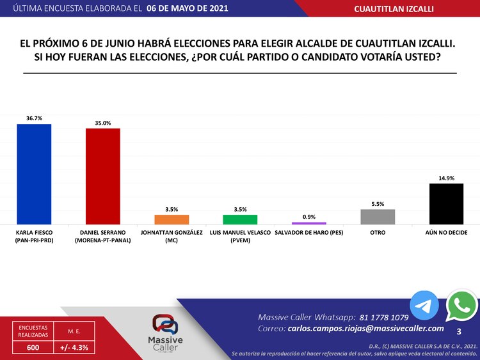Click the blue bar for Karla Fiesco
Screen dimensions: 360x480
click(x=34, y=174)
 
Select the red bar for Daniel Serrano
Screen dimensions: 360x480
click(x=103, y=176)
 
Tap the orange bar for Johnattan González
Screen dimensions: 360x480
click(x=172, y=219)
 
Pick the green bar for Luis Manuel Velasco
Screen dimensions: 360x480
click(x=240, y=219)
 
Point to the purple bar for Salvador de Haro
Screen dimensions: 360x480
click(x=309, y=223)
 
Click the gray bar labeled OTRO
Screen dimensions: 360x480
click(x=378, y=217)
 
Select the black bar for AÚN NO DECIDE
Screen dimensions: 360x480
click(x=446, y=204)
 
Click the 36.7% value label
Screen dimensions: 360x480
click(x=34, y=118)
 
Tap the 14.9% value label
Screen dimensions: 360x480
click(x=446, y=178)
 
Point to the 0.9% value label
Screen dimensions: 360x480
click(x=309, y=217)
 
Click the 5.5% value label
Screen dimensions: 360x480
click(x=378, y=204)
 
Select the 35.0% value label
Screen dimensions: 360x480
click(x=103, y=123)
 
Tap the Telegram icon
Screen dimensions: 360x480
click(x=424, y=306)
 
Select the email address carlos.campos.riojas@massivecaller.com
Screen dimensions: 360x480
click(x=365, y=328)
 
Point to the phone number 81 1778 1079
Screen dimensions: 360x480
click(x=384, y=317)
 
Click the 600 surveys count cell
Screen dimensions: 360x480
click(x=32, y=348)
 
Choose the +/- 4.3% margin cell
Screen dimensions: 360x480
click(x=74, y=348)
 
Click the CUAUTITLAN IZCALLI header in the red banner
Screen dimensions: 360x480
click(x=403, y=8)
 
